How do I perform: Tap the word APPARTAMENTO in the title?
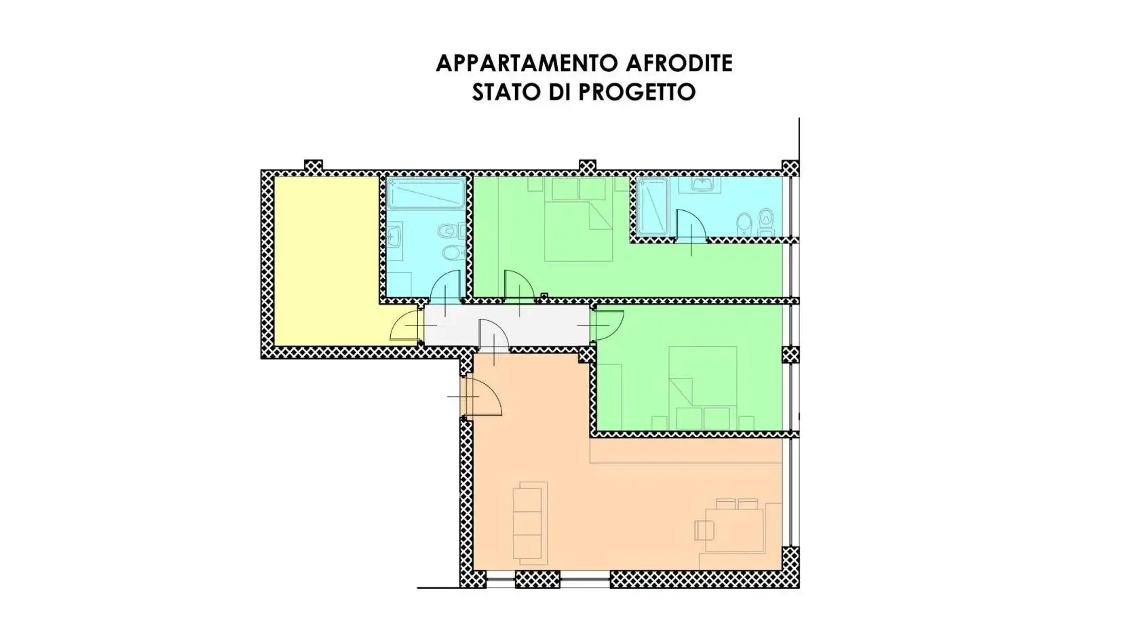(518, 63)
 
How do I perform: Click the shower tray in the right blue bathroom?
(653, 207)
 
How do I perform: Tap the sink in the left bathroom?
(394, 237)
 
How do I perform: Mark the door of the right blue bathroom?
(692, 227)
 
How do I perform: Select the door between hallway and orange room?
(493, 336)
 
